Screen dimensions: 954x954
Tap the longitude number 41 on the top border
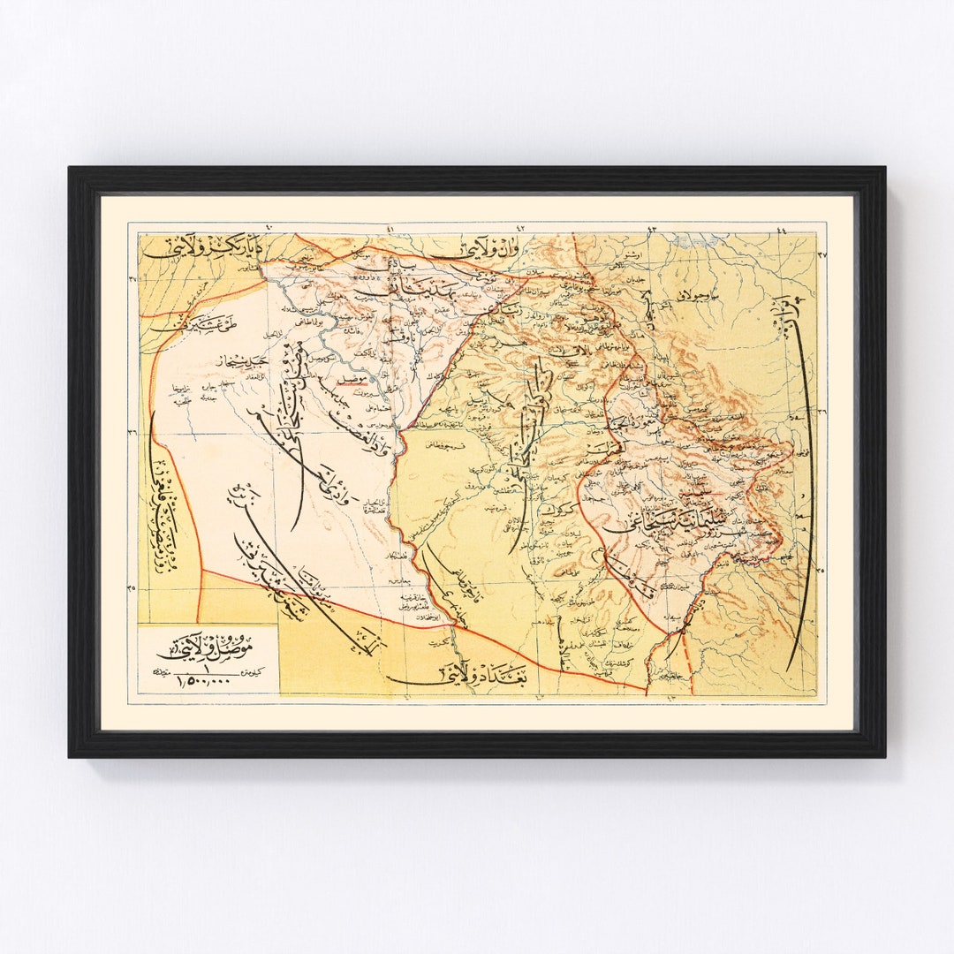click(x=390, y=230)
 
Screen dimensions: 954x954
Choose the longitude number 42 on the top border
click(x=520, y=230)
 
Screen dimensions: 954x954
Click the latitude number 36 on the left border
click(x=132, y=432)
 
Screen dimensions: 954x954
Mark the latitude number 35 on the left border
click(x=132, y=588)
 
